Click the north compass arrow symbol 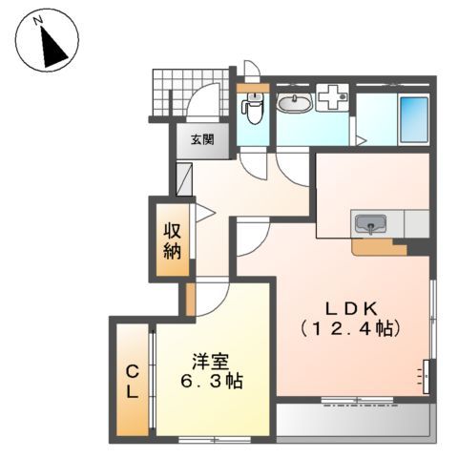45,41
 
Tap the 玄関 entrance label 201,139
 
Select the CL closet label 132,381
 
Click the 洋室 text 209,362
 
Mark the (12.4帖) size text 351,328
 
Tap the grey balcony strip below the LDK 353,417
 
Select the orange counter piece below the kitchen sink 379,247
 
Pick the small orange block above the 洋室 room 190,298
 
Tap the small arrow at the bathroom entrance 360,141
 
